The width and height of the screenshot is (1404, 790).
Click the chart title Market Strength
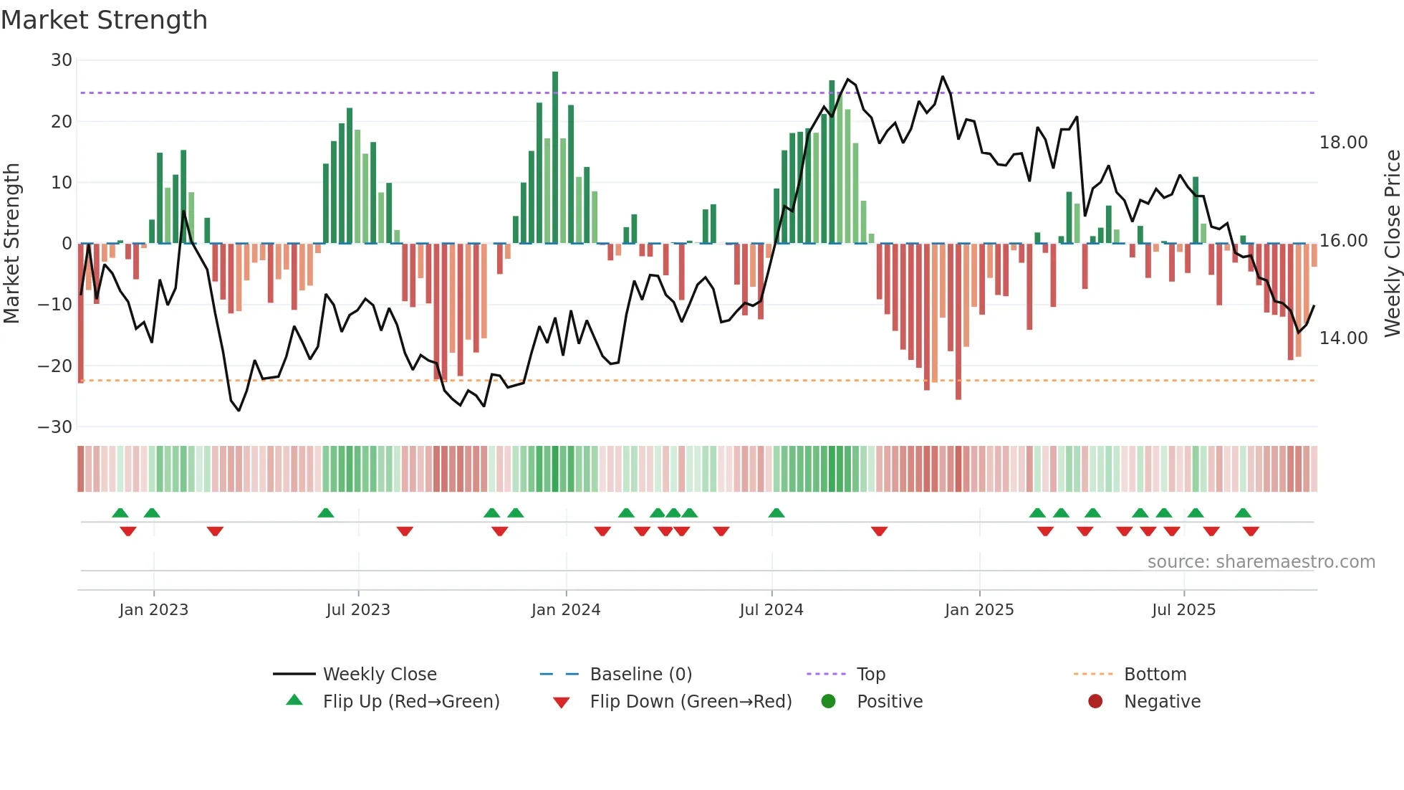[104, 20]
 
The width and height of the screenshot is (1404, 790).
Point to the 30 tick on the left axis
[62, 60]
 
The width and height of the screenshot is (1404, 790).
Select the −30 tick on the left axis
[55, 427]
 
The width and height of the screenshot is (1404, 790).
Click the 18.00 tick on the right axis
[1343, 143]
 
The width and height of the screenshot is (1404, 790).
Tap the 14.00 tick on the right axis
[1343, 338]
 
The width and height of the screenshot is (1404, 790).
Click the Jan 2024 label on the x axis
[565, 610]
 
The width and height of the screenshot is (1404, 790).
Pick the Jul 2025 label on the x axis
[1183, 610]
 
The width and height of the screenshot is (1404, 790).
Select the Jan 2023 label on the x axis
[153, 610]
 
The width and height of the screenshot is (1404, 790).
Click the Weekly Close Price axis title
[1392, 244]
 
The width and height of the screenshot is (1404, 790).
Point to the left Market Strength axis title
[12, 244]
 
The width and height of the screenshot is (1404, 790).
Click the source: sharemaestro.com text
[1261, 562]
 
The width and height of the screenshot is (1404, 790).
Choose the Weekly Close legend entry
[379, 675]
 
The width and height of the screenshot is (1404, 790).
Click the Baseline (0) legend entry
[640, 675]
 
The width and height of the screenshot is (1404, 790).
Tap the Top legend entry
[870, 675]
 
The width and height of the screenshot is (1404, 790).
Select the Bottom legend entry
[1155, 675]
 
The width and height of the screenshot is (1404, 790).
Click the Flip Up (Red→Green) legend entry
[410, 702]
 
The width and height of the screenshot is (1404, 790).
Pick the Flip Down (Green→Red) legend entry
[691, 702]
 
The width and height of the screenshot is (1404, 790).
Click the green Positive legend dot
[828, 701]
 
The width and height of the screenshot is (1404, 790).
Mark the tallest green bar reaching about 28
[555, 158]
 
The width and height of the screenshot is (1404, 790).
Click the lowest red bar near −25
[958, 323]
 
